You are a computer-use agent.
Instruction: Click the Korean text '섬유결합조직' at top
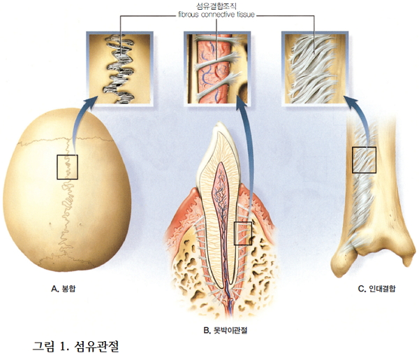click(x=216, y=5)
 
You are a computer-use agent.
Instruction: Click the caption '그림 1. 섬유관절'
click(x=81, y=346)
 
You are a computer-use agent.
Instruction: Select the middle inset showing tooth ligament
click(x=215, y=68)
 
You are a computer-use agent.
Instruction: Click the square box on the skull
click(x=68, y=167)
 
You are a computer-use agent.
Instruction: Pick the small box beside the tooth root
click(x=243, y=233)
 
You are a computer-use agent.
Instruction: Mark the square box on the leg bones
click(x=364, y=160)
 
